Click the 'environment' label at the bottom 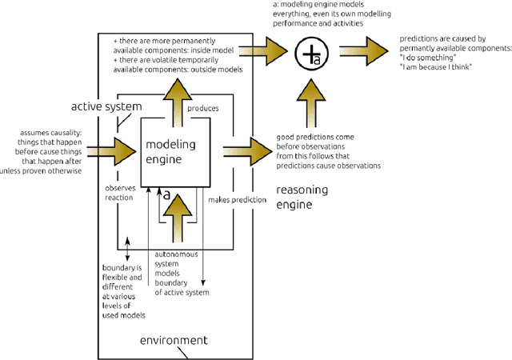click(x=173, y=340)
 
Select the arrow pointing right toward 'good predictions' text click(x=248, y=149)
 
